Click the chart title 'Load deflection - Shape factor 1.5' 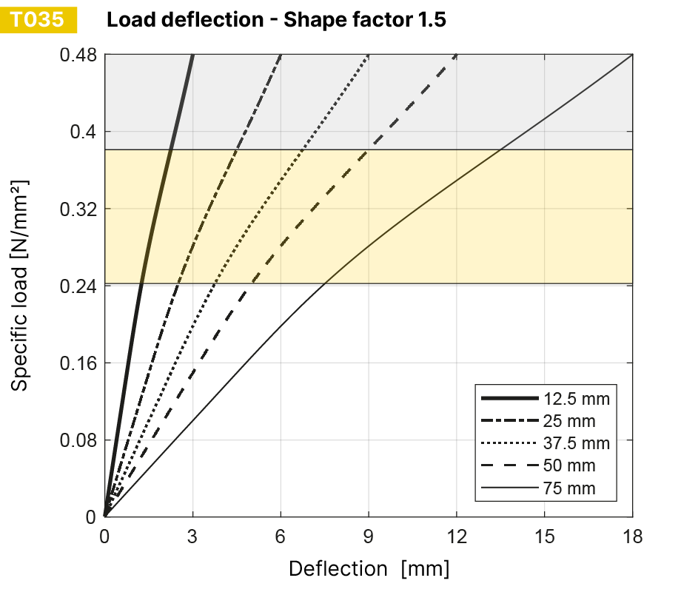coord(276,20)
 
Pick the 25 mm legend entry coord(568,422)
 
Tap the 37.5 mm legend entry coord(576,444)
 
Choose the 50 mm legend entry coord(568,466)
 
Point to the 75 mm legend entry coord(568,488)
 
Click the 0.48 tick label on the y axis coord(78,55)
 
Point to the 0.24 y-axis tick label coord(78,286)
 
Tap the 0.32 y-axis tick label coord(78,209)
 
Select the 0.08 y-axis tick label coord(78,440)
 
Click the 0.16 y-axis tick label coord(78,363)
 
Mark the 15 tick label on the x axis coord(544,536)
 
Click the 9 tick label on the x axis coord(368,536)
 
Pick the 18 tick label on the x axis coord(632,536)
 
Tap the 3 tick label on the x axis coord(192,536)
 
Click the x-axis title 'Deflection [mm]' coord(369,569)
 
